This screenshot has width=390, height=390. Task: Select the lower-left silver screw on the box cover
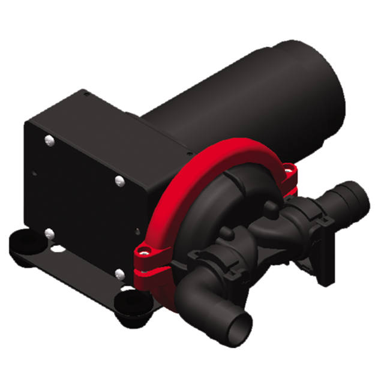pos(49,233)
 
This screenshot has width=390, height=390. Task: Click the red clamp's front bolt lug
pos(145,251)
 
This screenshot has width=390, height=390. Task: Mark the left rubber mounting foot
pos(24,244)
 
